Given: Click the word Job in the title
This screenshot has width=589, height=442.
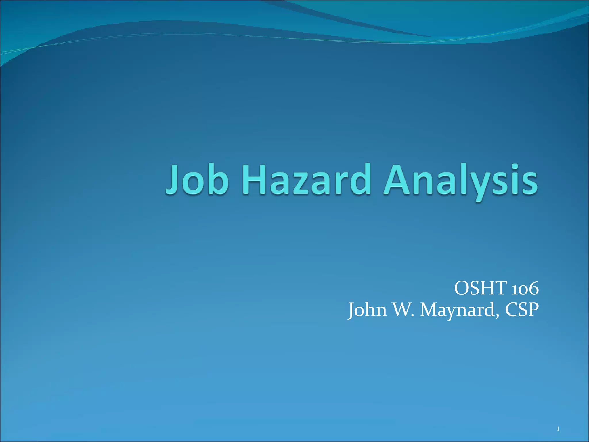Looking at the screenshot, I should [x=197, y=180].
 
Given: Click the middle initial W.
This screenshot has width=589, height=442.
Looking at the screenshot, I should [x=403, y=310].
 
